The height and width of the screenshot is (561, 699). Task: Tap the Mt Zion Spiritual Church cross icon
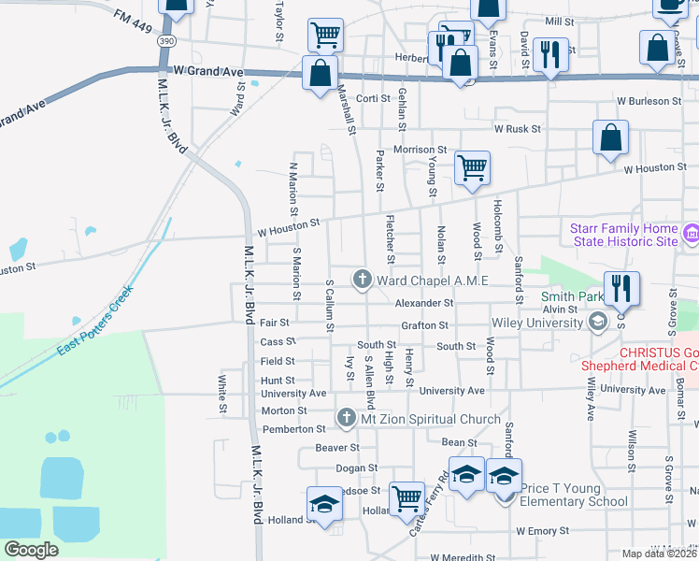click(x=346, y=418)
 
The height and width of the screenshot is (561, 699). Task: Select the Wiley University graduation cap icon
click(x=597, y=324)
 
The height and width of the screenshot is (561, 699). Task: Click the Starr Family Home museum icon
click(x=692, y=233)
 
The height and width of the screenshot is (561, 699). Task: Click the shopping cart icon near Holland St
click(x=407, y=498)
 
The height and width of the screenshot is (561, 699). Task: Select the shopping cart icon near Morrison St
click(x=473, y=169)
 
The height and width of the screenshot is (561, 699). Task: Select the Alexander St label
click(x=423, y=303)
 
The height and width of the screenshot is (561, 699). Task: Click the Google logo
click(x=32, y=549)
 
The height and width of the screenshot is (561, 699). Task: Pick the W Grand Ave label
click(x=208, y=71)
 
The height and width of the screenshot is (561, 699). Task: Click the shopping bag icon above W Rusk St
click(x=610, y=138)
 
